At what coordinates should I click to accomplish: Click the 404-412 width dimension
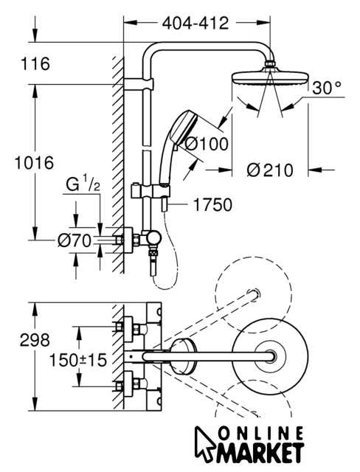click(195, 23)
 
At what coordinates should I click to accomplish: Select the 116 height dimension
click(35, 64)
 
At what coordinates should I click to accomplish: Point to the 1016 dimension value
click(35, 163)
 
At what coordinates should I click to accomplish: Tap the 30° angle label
click(327, 88)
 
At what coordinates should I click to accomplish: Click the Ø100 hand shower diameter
click(206, 144)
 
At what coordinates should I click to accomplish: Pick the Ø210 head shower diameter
click(270, 170)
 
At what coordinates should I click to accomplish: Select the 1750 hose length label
click(212, 205)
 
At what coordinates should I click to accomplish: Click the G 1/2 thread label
click(83, 184)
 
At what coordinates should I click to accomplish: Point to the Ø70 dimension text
click(75, 240)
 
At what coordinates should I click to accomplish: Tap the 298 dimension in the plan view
click(35, 340)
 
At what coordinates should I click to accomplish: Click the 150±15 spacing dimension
click(78, 360)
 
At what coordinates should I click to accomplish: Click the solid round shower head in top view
click(271, 357)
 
